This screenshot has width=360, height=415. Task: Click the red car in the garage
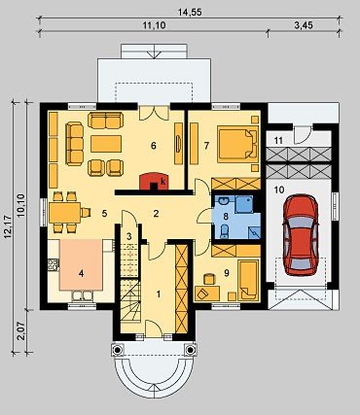click(x=301, y=235)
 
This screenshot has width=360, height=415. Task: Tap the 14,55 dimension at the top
click(x=190, y=13)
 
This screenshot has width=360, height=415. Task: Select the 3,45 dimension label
click(x=304, y=25)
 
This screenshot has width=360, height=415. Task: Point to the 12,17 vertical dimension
click(x=8, y=227)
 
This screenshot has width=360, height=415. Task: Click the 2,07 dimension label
click(x=21, y=330)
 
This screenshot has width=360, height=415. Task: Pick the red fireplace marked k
click(x=153, y=182)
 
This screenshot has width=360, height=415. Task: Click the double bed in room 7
click(x=237, y=144)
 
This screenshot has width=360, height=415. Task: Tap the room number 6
click(x=154, y=146)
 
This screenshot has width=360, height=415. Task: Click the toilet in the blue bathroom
click(x=224, y=231)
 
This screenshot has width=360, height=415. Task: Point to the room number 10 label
click(x=279, y=190)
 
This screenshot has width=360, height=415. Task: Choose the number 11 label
click(x=278, y=141)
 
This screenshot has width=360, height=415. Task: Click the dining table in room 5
click(x=64, y=213)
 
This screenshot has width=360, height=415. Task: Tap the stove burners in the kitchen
click(x=54, y=265)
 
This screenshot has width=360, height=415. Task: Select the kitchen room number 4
click(x=81, y=274)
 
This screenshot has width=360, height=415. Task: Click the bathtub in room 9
click(x=248, y=280)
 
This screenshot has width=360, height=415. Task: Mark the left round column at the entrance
click(x=117, y=350)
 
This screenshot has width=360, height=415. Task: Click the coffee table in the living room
click(x=106, y=144)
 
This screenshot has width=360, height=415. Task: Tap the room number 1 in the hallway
click(x=159, y=294)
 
